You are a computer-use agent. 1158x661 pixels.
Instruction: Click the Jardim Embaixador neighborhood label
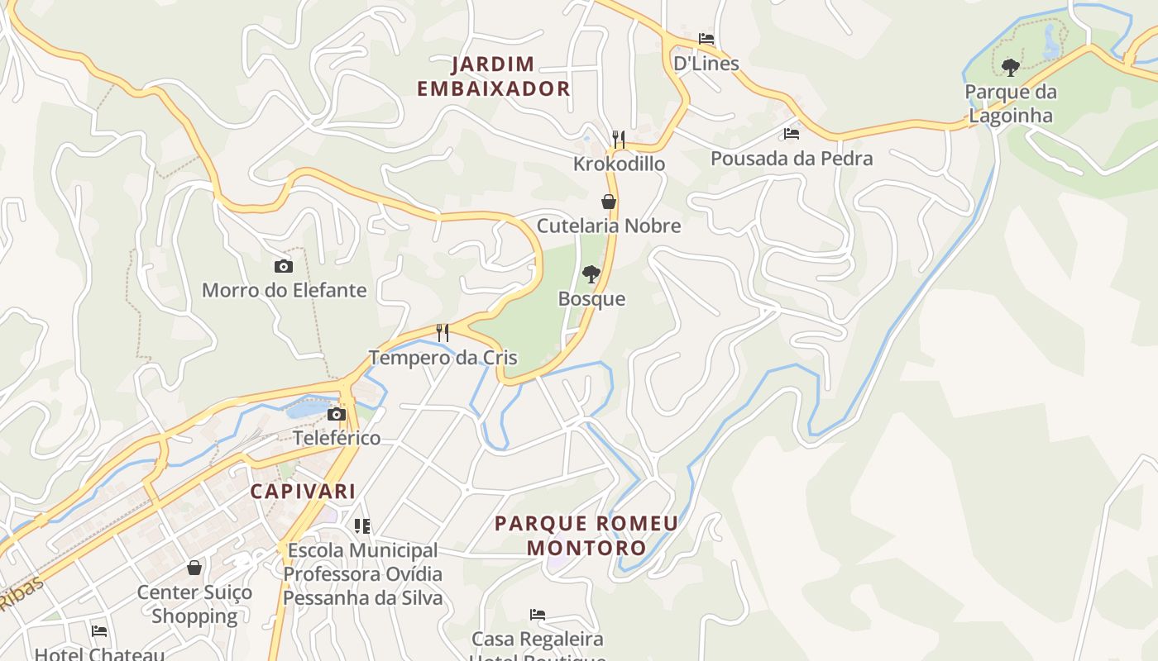494,76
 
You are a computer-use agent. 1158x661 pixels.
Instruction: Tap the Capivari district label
303,491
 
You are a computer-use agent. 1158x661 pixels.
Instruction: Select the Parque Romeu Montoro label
586,535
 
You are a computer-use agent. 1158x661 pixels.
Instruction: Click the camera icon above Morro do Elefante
284,266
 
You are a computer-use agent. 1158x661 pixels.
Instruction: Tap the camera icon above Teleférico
337,414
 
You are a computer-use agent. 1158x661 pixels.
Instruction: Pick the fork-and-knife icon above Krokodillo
618,139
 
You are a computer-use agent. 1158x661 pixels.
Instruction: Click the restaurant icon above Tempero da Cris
443,333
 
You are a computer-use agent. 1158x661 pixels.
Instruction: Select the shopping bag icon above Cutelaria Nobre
609,202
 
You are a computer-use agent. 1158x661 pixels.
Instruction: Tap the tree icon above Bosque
591,274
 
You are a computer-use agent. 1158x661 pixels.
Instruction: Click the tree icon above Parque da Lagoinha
1010,67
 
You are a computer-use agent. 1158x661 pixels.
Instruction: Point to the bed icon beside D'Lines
706,39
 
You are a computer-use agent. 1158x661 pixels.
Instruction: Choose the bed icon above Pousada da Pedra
792,134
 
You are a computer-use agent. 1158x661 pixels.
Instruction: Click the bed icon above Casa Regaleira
538,615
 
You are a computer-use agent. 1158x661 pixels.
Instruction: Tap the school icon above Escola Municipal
362,525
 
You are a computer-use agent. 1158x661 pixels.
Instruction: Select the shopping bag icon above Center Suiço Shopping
194,568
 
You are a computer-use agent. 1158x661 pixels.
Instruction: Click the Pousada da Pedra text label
792,158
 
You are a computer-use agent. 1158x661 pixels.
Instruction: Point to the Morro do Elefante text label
284,290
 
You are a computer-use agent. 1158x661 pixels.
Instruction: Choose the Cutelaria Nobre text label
609,226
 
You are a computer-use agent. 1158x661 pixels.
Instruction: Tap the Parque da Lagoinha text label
1010,103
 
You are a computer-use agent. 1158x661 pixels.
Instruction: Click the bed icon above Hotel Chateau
99,631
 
